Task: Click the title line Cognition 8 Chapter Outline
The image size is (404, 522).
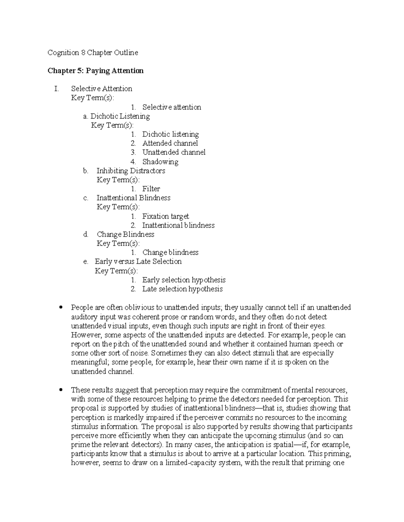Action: [93, 53]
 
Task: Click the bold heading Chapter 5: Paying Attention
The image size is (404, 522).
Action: [96, 71]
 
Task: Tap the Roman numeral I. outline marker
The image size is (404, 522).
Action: [56, 89]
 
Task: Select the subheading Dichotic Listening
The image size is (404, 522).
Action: [120, 116]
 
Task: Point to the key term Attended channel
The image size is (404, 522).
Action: [170, 144]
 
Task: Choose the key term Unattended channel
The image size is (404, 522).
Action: [174, 153]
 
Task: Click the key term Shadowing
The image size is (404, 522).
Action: [160, 162]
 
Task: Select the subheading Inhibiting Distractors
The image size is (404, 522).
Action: [131, 171]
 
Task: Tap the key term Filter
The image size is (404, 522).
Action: [151, 189]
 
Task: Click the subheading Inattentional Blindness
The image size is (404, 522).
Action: [133, 198]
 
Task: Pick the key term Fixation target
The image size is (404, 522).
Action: [165, 216]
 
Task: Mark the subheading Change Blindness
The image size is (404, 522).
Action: [125, 234]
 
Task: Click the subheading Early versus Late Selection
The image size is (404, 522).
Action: [138, 262]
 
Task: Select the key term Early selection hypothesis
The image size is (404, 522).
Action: [184, 280]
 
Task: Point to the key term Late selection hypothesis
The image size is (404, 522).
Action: [182, 289]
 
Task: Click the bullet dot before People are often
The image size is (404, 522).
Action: [61, 308]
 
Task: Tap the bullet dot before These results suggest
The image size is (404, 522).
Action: [61, 390]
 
